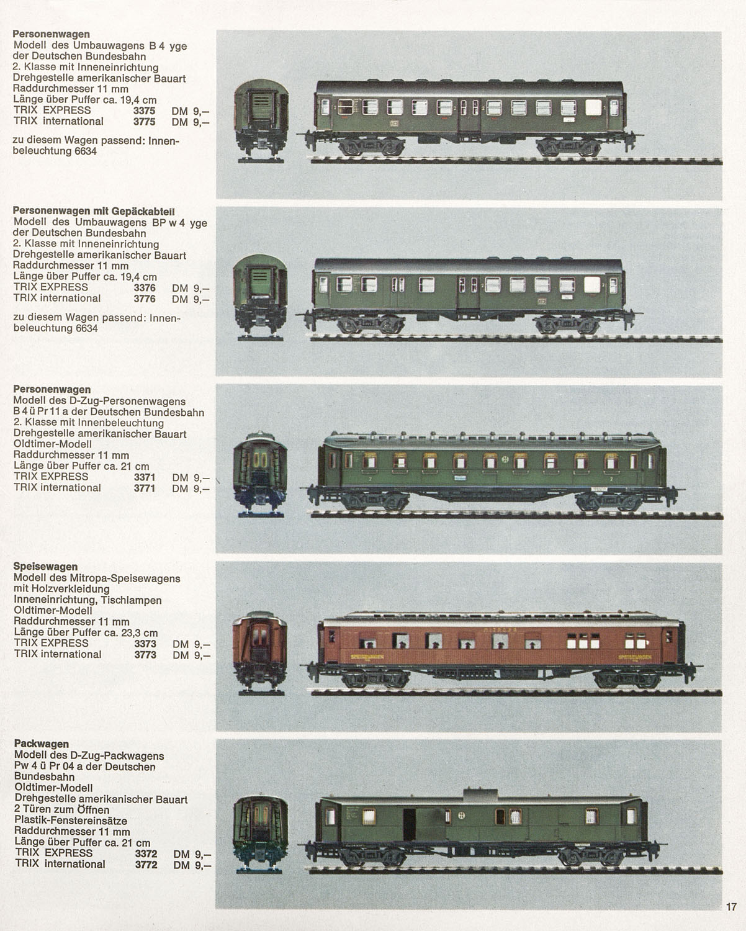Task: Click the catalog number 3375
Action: [144, 110]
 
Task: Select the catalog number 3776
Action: [145, 299]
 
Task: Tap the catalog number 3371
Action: [145, 477]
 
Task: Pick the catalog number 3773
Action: [145, 655]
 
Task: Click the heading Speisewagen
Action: [45, 567]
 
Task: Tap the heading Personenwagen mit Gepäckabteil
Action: [94, 212]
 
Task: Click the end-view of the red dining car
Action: [260, 653]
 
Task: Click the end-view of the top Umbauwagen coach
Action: [261, 120]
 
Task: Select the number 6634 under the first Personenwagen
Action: [85, 151]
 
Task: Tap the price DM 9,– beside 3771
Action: [191, 488]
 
